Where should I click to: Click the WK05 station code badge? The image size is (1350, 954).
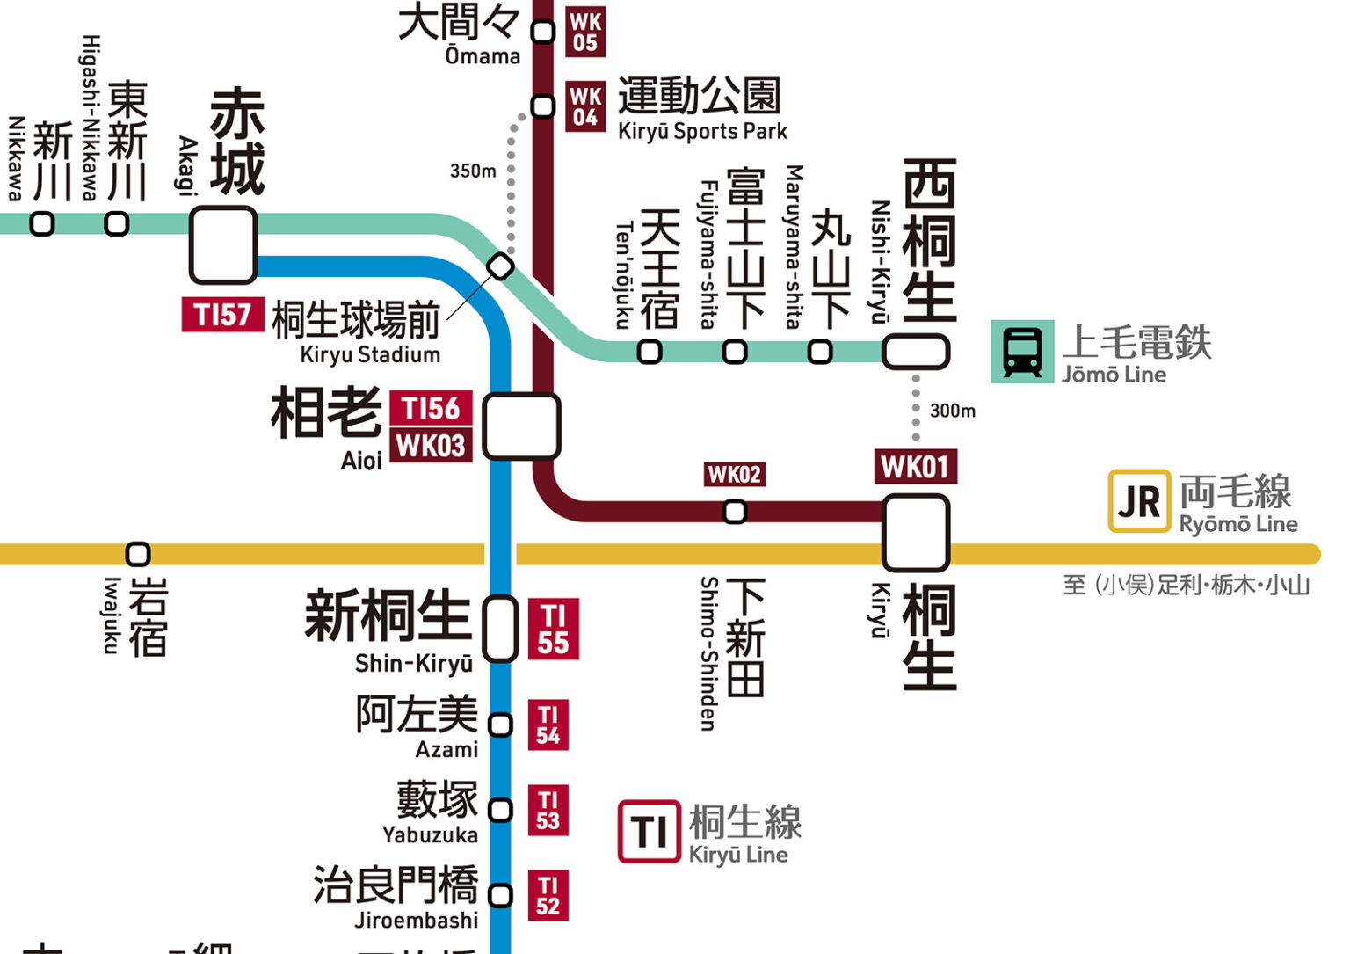(x=585, y=32)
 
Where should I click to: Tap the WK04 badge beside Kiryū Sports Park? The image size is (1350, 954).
(x=585, y=106)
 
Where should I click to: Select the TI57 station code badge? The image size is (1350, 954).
(x=222, y=315)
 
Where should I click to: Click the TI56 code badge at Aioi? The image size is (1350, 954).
(x=431, y=409)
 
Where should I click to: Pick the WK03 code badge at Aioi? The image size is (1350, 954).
(x=431, y=446)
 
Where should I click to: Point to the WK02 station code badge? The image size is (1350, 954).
(x=734, y=475)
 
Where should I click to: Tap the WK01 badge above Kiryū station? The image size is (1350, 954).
(x=915, y=467)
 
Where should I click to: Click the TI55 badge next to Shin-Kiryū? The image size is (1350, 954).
(x=553, y=630)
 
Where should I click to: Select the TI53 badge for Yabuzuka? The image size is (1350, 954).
(x=548, y=810)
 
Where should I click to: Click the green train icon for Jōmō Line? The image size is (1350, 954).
(x=1022, y=352)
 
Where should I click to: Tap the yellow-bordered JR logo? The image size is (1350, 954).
(x=1139, y=501)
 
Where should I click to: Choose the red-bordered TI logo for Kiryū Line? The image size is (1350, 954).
(x=649, y=831)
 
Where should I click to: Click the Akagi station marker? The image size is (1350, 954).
(x=223, y=245)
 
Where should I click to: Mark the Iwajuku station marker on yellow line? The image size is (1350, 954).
(x=138, y=554)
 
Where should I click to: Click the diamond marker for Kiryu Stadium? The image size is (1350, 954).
(x=500, y=266)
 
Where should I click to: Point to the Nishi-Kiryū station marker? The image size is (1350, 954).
(x=915, y=352)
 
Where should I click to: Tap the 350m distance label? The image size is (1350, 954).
(x=473, y=171)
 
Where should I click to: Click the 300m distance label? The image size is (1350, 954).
(x=953, y=411)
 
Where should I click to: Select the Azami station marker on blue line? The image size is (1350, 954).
(x=500, y=725)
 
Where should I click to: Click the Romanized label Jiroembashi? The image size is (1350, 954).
(x=417, y=921)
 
